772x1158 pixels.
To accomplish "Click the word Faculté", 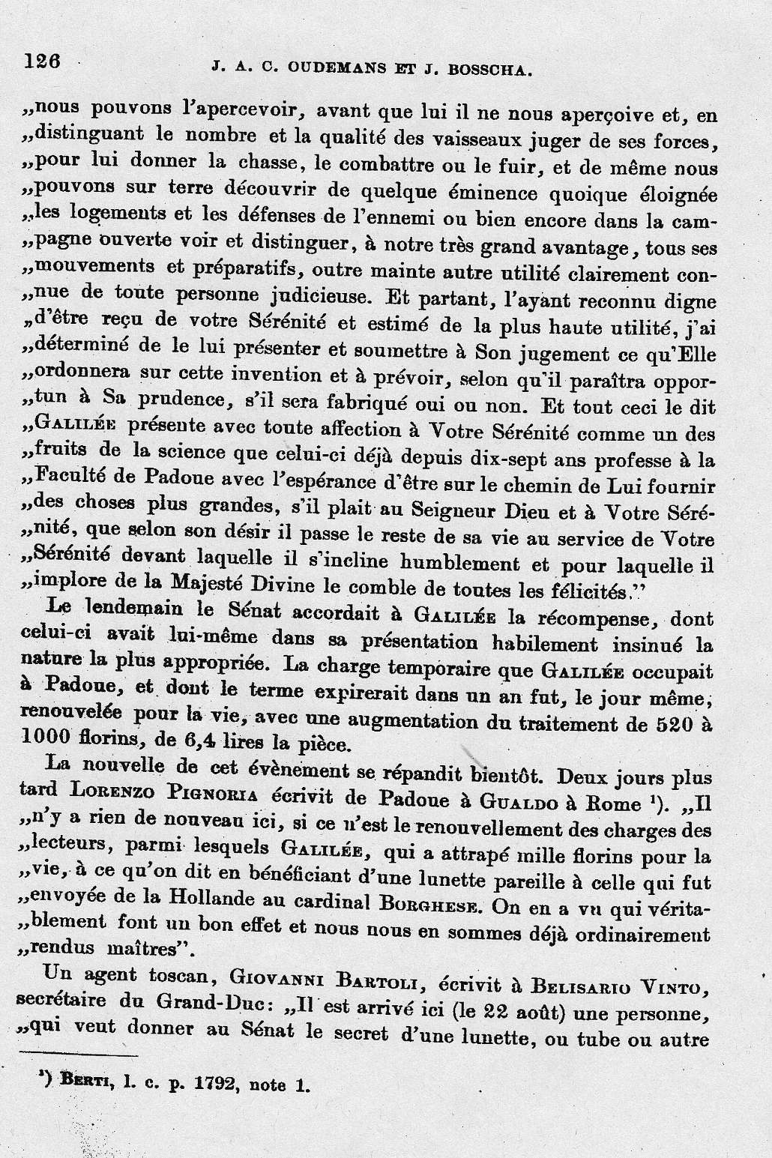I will click(85, 480).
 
